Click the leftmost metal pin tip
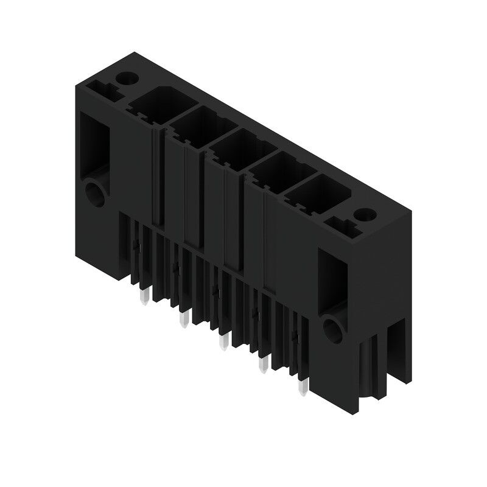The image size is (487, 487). coord(144,296)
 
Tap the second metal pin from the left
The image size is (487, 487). coord(182,318)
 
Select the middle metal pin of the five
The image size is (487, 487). coord(224,342)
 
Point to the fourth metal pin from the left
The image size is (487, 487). coord(264,364)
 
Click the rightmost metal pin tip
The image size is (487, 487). coord(301,385)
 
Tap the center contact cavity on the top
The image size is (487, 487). coord(234,144)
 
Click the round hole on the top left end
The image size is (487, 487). coord(127,79)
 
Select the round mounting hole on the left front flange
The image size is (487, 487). coord(96,194)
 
